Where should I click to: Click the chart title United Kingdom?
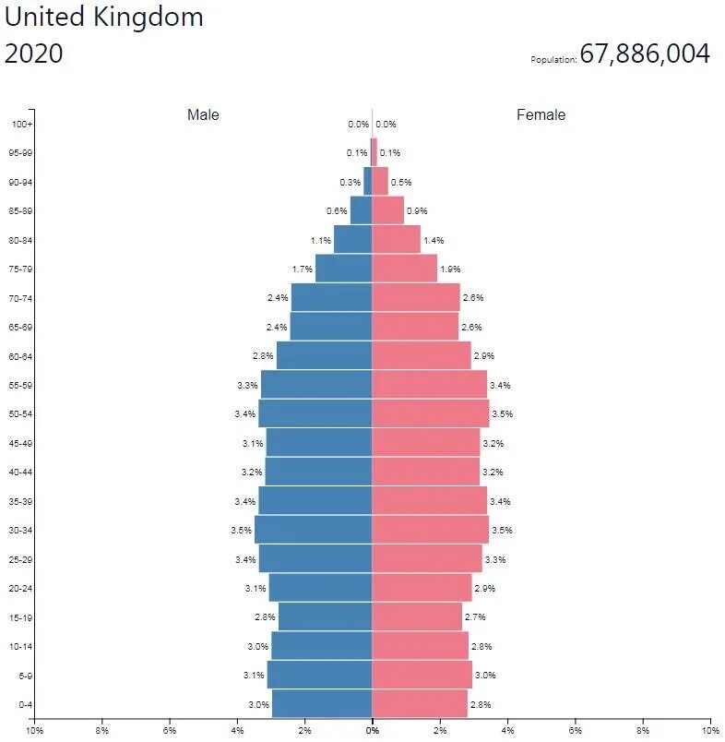point(104,18)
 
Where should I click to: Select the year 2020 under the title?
point(34,54)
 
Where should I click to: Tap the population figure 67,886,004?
point(645,54)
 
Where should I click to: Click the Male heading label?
point(203,114)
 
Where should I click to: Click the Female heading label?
point(541,114)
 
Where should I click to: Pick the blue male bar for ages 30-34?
point(314,530)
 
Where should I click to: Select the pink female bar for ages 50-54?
point(430,413)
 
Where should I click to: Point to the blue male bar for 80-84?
point(352,240)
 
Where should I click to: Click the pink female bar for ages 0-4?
point(420,703)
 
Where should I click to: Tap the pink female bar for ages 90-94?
point(380,182)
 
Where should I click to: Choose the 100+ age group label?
point(22,124)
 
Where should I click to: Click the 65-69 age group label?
point(22,327)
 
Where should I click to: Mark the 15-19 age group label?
point(22,616)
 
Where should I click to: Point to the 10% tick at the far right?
point(709,730)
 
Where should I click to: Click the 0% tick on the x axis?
point(373,730)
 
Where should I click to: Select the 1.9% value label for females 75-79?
point(450,269)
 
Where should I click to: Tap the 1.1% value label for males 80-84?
point(321,240)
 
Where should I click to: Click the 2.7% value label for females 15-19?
point(475,616)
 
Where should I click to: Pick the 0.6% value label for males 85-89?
point(337,210)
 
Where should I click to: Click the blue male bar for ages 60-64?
point(324,355)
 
